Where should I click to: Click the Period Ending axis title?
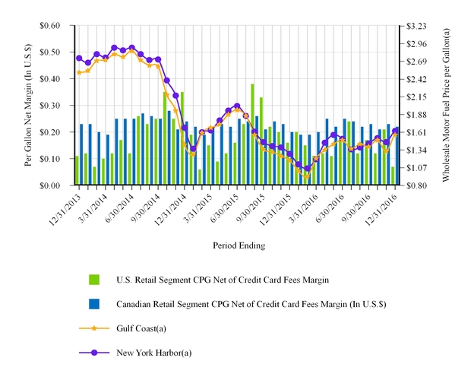click(x=236, y=245)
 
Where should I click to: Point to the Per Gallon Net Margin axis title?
click(x=28, y=105)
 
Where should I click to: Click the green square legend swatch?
click(x=95, y=280)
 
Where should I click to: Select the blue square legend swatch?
click(x=95, y=304)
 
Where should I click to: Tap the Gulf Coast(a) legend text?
click(x=141, y=328)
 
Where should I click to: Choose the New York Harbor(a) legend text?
click(x=153, y=353)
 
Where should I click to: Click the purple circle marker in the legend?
click(x=95, y=353)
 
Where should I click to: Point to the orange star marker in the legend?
click(x=95, y=328)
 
